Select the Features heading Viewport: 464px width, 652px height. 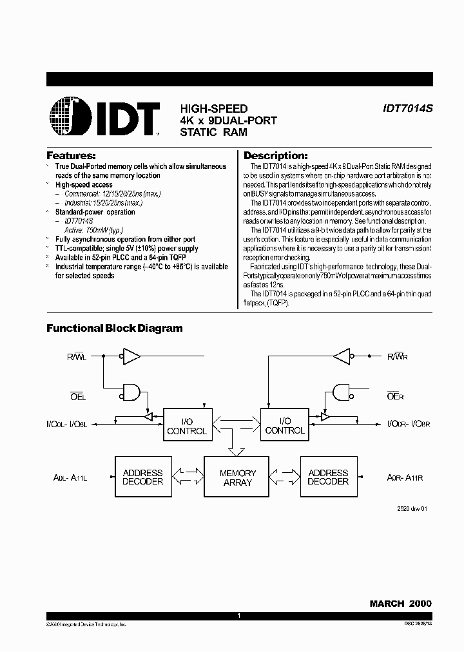(71, 156)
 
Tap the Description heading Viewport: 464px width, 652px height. (275, 156)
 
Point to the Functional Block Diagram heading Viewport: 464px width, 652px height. (114, 329)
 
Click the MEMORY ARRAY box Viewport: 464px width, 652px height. (237, 477)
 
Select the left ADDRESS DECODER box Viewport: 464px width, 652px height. (143, 477)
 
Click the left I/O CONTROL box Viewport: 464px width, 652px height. (186, 426)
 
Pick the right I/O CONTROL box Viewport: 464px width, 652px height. (284, 426)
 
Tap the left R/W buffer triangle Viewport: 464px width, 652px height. (131, 355)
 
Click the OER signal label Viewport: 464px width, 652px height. (395, 396)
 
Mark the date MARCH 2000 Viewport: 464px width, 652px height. (400, 604)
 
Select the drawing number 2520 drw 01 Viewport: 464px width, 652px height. (412, 509)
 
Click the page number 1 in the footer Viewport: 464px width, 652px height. (238, 617)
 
